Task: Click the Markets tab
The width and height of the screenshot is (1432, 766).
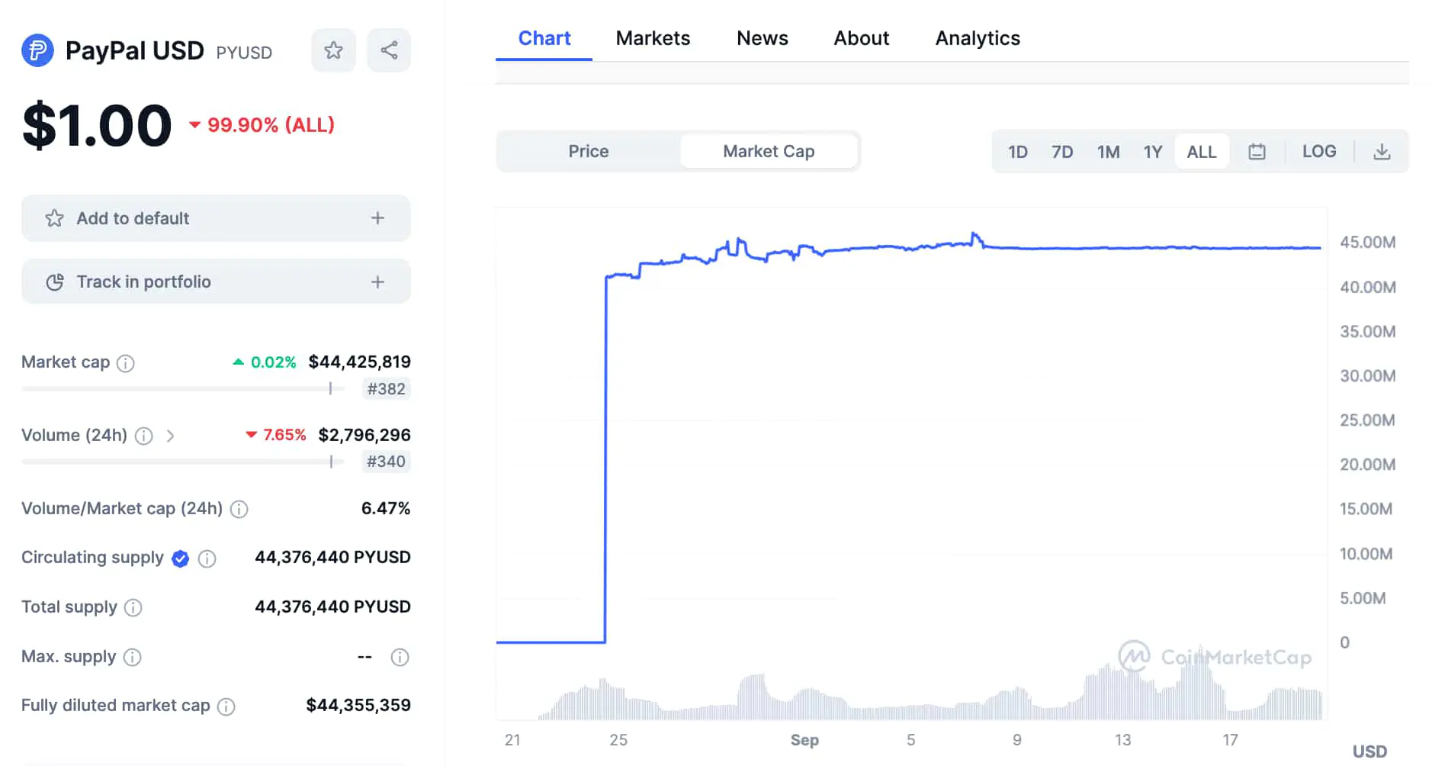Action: tap(653, 38)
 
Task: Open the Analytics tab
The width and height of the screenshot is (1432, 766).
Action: tap(978, 38)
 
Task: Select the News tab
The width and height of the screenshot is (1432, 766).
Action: tap(762, 38)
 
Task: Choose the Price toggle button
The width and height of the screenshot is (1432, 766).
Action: tap(588, 151)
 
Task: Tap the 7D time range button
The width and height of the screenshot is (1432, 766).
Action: tap(1061, 152)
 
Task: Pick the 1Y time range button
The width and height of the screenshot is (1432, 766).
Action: tap(1152, 152)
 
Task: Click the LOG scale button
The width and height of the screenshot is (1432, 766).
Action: tap(1318, 151)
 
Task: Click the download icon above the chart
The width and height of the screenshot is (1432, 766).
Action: tap(1382, 152)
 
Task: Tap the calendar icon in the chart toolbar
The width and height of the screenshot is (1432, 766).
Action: tap(1257, 152)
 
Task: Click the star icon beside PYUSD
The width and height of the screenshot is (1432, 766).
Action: tap(333, 50)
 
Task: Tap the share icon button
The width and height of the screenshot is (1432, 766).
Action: tap(389, 50)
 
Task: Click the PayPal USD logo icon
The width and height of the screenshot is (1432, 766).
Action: tap(37, 51)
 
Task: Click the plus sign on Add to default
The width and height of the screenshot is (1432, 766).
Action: tap(377, 218)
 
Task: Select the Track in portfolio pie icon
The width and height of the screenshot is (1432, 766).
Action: tap(55, 282)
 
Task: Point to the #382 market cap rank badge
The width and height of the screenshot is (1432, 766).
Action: tap(386, 389)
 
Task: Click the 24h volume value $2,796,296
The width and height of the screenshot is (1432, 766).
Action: tap(364, 435)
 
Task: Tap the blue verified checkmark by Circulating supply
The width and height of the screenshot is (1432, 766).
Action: tap(181, 558)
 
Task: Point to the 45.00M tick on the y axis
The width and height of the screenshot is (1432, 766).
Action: tap(1368, 243)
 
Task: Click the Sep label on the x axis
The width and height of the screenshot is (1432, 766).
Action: tap(804, 740)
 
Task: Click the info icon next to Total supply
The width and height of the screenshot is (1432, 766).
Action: tap(133, 607)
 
